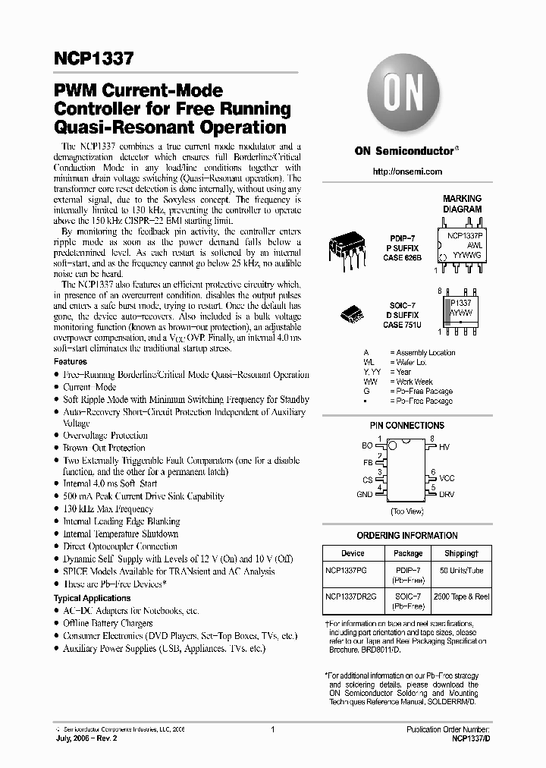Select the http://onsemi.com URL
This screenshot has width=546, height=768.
[x=407, y=172]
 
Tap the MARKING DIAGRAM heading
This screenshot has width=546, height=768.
[x=462, y=203]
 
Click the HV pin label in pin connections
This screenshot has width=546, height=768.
[x=444, y=448]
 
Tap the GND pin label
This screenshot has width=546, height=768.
[x=365, y=494]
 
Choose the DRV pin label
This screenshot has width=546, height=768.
[x=447, y=494]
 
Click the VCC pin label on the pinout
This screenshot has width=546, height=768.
[x=447, y=478]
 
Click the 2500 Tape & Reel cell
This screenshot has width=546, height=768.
[x=460, y=596]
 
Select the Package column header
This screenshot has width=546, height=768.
[x=408, y=553]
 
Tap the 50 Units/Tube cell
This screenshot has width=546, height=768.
[x=460, y=569]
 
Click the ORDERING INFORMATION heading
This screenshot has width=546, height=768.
[x=407, y=535]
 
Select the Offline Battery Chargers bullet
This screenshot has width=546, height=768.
[x=108, y=623]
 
